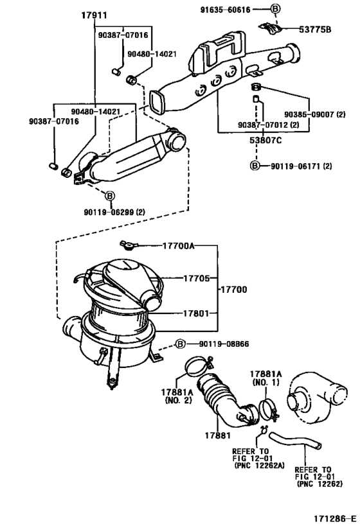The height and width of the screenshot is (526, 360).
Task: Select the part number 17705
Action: [x=179, y=278]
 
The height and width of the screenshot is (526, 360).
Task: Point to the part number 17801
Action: [x=179, y=314]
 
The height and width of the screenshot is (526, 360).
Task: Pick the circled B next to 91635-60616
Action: [x=276, y=9]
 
